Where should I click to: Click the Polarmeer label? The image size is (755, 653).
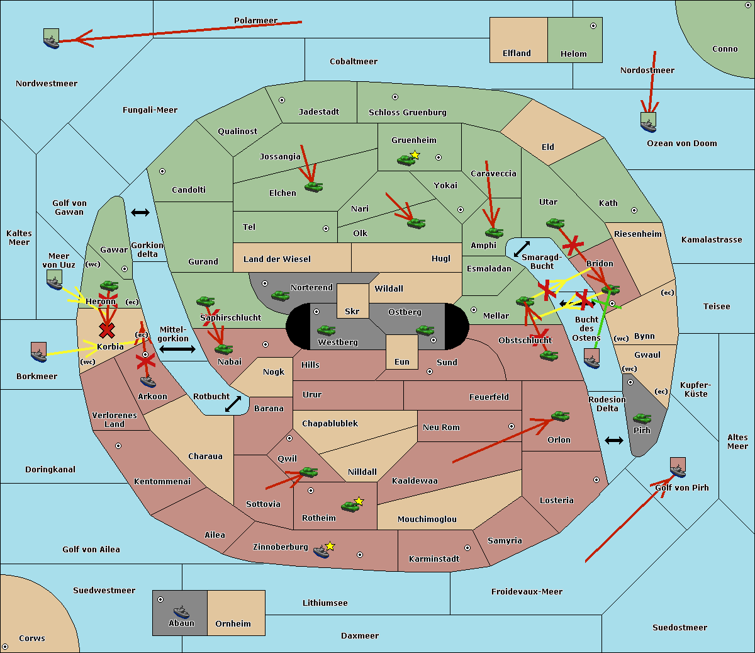(x=255, y=21)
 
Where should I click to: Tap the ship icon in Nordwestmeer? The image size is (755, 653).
(x=51, y=38)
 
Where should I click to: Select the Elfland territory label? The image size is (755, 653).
(x=517, y=54)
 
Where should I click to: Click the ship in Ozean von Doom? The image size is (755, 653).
(x=648, y=122)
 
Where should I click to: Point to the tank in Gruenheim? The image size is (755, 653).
(x=406, y=161)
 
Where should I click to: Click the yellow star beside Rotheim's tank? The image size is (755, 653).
(x=359, y=501)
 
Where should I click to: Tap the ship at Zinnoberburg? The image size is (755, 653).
(x=322, y=552)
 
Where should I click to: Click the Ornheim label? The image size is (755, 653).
(x=233, y=624)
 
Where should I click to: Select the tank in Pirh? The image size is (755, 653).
(x=642, y=419)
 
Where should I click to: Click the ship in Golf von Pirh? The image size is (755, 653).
(x=678, y=467)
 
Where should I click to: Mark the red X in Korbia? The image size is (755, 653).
(x=107, y=329)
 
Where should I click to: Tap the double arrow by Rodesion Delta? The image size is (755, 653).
(x=614, y=440)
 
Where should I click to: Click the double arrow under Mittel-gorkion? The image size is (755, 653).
(x=177, y=349)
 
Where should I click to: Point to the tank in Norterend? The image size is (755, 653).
(x=280, y=295)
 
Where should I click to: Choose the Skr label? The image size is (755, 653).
(x=352, y=312)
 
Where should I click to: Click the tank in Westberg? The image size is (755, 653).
(x=326, y=331)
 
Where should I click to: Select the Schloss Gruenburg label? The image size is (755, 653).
(x=407, y=113)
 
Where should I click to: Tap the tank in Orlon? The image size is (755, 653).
(x=559, y=416)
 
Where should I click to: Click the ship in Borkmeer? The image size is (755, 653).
(x=38, y=352)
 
